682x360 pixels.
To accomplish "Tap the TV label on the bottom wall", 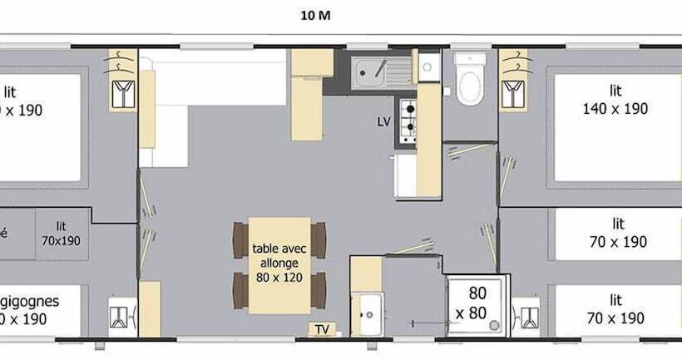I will coord(322,330).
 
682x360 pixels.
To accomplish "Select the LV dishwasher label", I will coord(383,122).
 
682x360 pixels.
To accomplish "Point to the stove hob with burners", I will coord(408,120).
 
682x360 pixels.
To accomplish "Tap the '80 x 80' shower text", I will coord(477,303).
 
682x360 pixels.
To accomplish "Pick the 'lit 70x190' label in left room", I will coord(62,234).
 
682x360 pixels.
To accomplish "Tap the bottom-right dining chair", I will coord(319,290).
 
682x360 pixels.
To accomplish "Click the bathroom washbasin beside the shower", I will coord(367,314).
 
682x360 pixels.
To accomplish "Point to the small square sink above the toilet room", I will coord(429,67).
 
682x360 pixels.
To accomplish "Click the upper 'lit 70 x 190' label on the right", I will coord(616,233).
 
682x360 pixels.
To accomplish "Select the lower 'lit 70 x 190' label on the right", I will coord(616,308).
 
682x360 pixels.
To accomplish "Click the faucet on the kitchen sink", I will coord(379,65).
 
